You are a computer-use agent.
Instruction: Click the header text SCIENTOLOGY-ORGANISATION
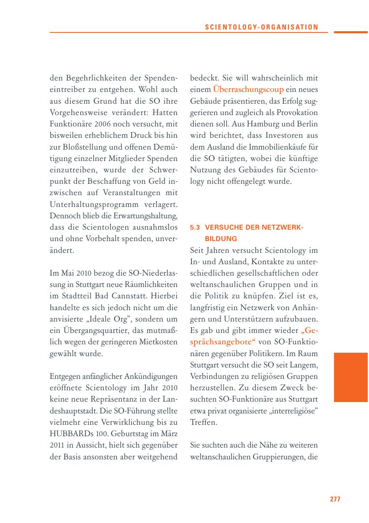tap(261, 27)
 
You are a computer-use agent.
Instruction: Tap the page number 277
tap(335, 499)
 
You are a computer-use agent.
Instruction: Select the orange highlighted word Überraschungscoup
tap(248, 90)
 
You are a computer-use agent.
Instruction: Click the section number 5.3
tap(194, 228)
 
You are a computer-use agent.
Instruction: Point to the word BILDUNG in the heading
tap(221, 239)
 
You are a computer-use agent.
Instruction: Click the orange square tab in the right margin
tap(351, 377)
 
